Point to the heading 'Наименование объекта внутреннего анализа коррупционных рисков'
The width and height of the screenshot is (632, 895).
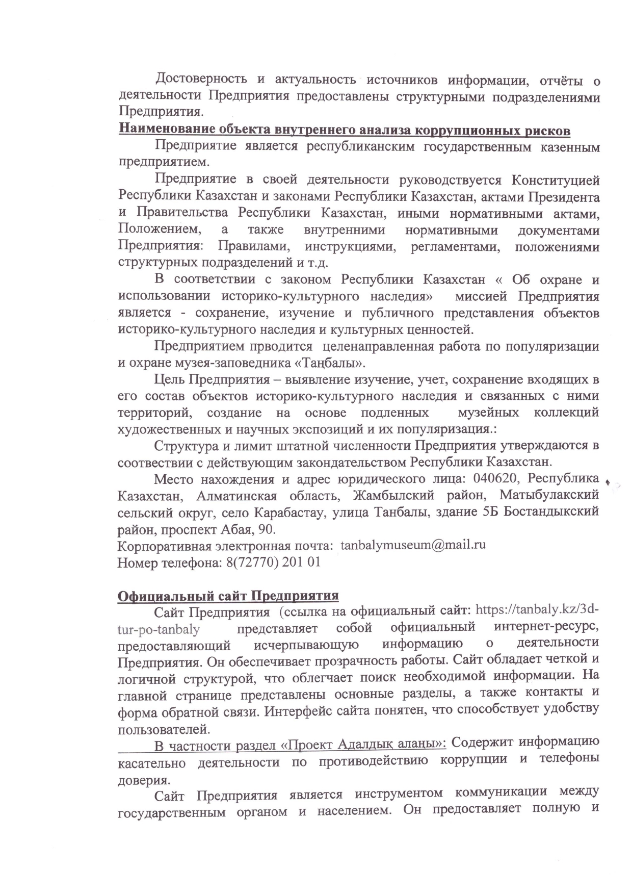click(x=344, y=130)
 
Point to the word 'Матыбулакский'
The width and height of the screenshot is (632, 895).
click(x=549, y=496)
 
